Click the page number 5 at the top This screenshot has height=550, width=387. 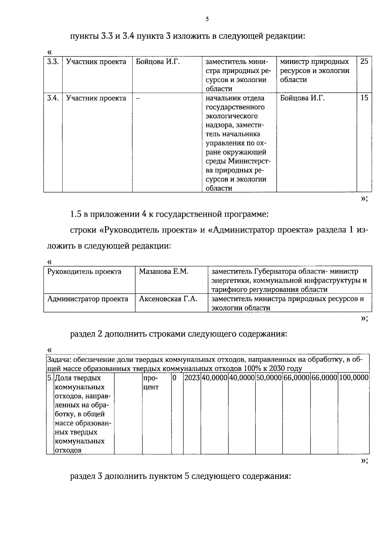(x=207, y=19)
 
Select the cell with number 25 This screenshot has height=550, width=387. (x=364, y=62)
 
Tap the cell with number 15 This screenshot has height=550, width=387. (x=364, y=98)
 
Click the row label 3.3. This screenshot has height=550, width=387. (x=53, y=62)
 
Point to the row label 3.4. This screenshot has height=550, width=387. (x=53, y=98)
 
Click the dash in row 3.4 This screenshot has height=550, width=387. (x=138, y=98)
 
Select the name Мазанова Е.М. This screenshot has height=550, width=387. (x=164, y=271)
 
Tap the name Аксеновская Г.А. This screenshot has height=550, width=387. (x=168, y=299)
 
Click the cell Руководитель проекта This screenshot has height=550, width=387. (x=84, y=271)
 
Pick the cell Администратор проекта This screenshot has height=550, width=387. (x=88, y=299)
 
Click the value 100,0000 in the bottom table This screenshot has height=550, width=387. (x=354, y=378)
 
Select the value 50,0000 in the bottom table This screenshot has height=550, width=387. (x=269, y=378)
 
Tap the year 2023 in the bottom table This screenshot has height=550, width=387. (x=192, y=378)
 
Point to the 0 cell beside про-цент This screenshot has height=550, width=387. (x=174, y=378)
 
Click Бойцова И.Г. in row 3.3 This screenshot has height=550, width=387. (x=158, y=62)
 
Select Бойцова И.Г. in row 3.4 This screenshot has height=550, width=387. (x=302, y=98)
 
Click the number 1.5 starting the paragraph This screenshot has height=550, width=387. (x=76, y=214)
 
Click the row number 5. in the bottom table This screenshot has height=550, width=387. (x=50, y=378)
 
